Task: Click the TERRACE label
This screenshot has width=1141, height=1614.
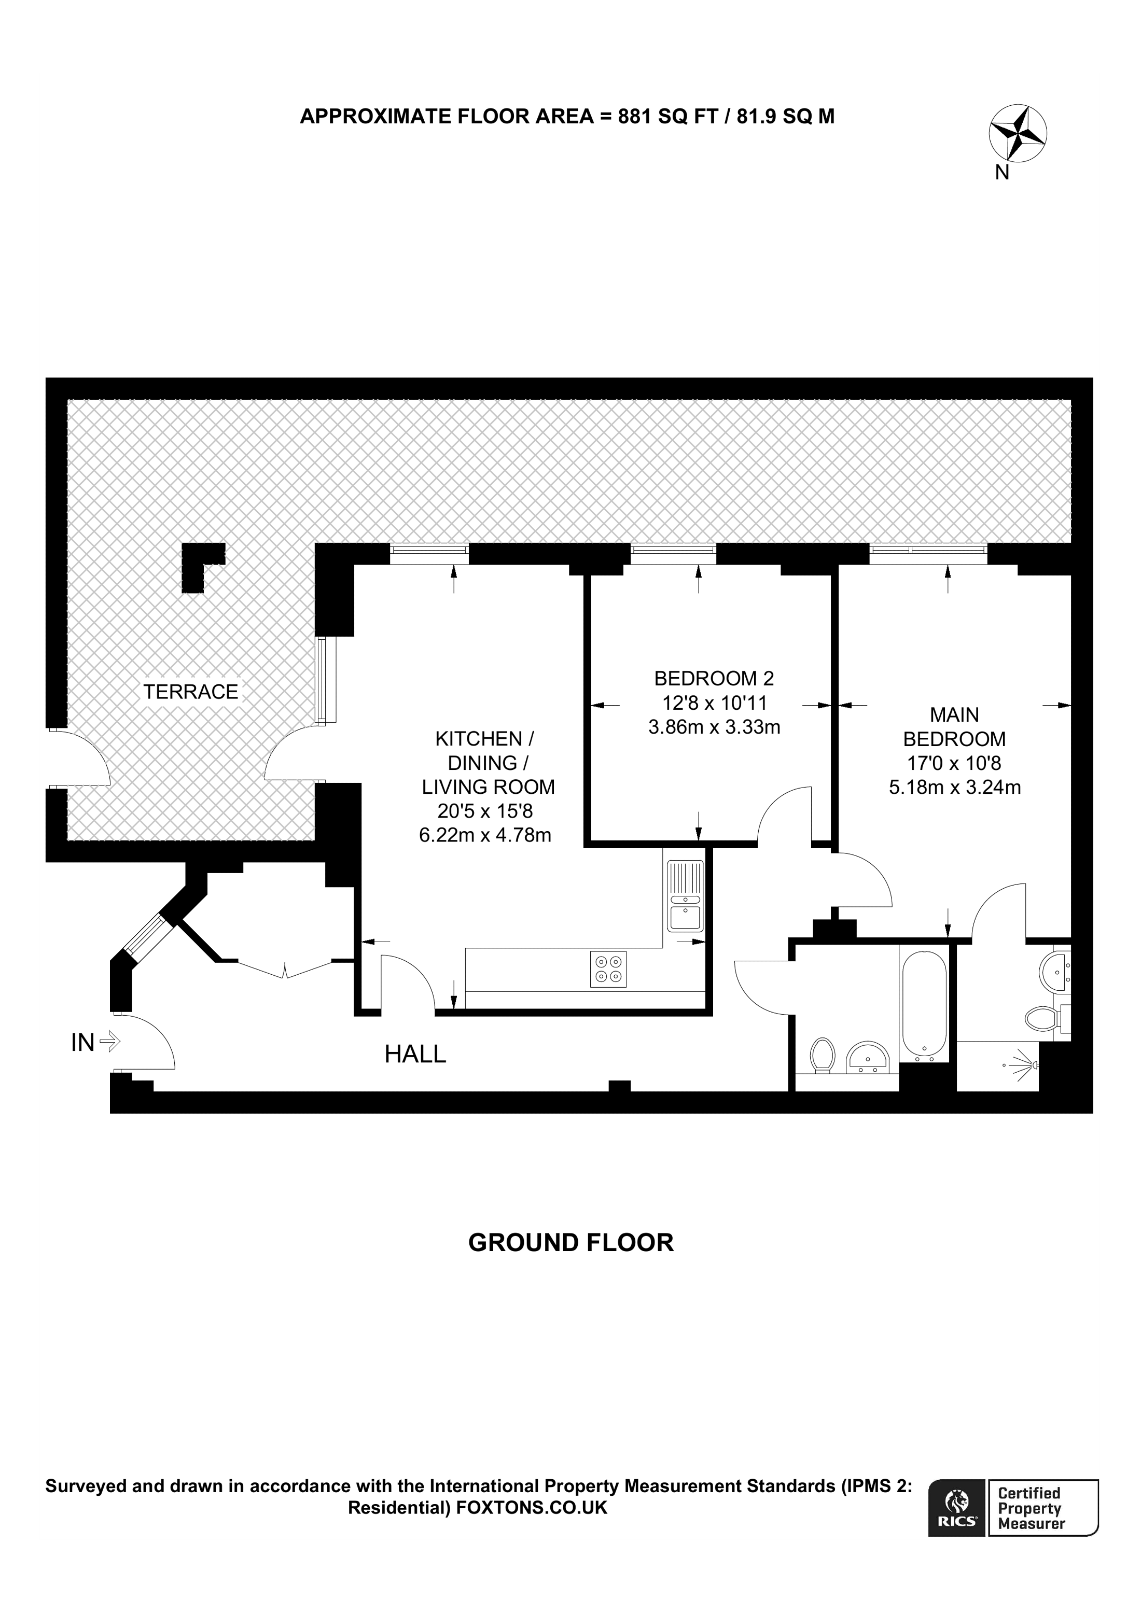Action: (190, 692)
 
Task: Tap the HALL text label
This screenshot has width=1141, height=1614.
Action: (415, 1054)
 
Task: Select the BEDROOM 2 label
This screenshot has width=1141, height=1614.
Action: (714, 678)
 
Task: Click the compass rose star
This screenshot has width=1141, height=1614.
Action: (1017, 133)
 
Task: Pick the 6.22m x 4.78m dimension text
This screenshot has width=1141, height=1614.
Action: (485, 835)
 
